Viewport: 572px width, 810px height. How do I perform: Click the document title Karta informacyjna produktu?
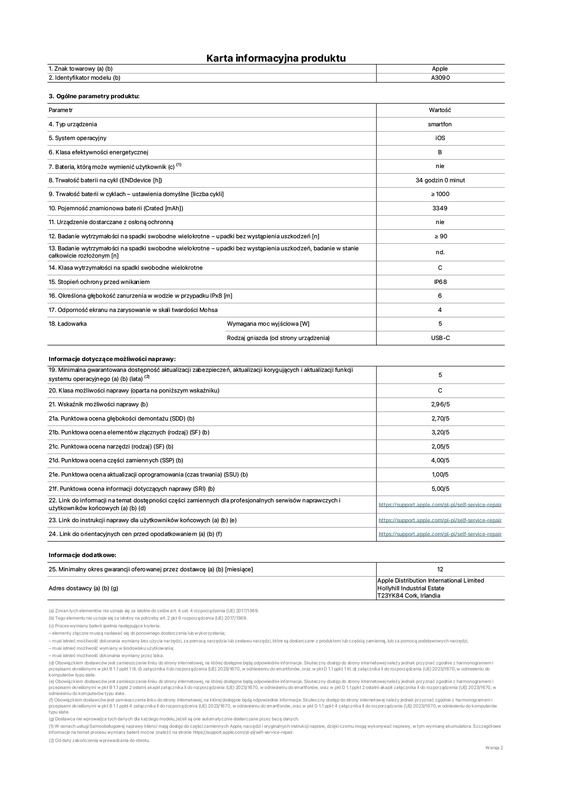tap(276, 58)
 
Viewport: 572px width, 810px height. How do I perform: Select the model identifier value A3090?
tap(440, 78)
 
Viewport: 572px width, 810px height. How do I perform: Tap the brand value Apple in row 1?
tap(440, 69)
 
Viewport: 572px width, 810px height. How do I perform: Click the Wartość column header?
tap(440, 110)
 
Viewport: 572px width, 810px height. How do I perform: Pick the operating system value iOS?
tap(440, 138)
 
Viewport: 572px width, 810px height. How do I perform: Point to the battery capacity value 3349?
tap(440, 209)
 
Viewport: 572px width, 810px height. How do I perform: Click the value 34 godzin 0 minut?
tap(440, 181)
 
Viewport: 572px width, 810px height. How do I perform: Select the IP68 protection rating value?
tap(440, 282)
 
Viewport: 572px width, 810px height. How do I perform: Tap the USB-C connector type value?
tap(440, 338)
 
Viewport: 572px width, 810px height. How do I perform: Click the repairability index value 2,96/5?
tap(440, 405)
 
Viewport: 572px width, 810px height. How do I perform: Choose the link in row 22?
tap(440, 505)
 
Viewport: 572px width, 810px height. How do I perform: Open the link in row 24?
tap(440, 534)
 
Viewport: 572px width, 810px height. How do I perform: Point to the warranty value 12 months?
tap(440, 570)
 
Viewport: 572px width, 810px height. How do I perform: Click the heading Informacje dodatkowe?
tap(82, 555)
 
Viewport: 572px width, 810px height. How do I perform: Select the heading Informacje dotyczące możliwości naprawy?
tap(112, 359)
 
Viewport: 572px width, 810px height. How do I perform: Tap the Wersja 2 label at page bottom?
tap(494, 748)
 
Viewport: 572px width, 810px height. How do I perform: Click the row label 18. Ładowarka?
tap(68, 324)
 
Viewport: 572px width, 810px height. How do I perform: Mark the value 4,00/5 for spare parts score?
tap(440, 461)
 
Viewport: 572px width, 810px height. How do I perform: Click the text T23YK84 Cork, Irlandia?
tap(408, 596)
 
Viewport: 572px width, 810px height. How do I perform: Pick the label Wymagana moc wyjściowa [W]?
tap(268, 324)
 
